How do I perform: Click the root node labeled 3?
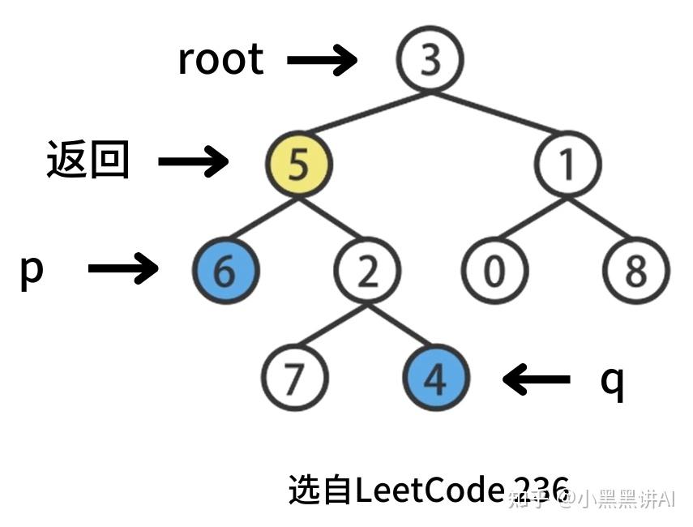pos(430,59)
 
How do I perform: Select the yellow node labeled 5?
pos(298,165)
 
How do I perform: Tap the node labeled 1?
pos(567,165)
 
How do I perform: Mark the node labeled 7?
pos(294,377)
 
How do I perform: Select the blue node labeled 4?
pos(436,377)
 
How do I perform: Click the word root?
pos(220,59)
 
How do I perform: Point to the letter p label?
pos(31,270)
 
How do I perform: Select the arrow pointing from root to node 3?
pos(322,60)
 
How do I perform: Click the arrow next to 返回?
pos(193,161)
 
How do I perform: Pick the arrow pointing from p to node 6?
pos(122,268)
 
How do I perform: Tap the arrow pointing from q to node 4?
pos(537,378)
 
